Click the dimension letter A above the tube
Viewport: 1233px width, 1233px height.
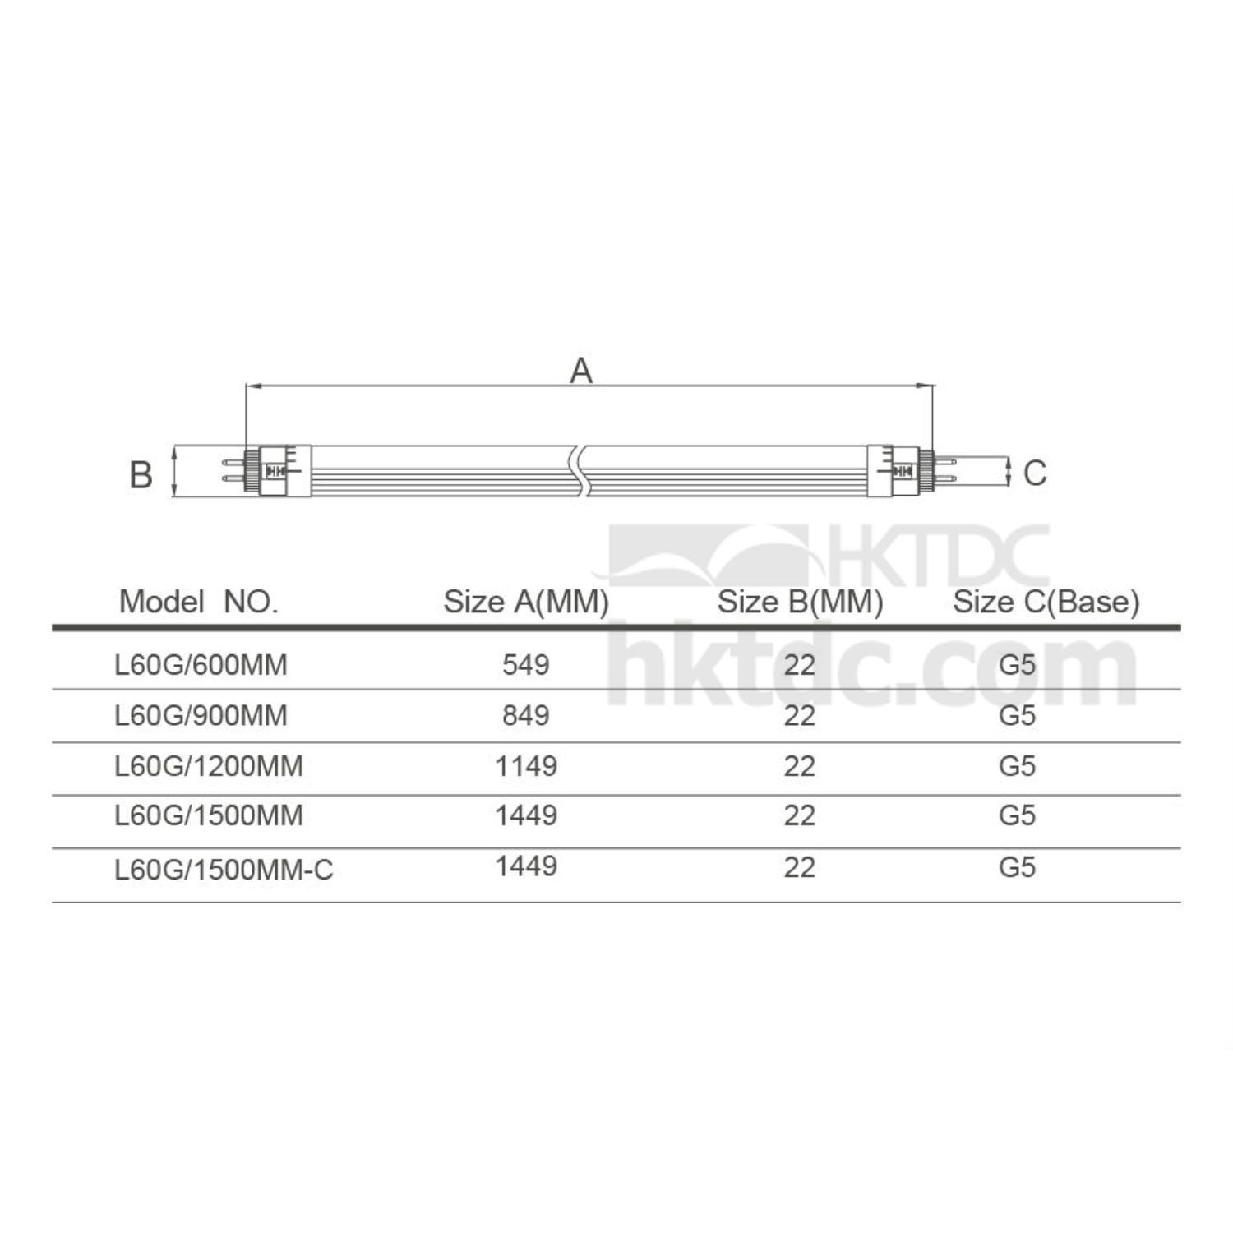point(581,371)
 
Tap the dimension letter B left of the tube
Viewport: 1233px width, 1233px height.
point(141,475)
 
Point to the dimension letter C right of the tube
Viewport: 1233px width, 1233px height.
point(1035,473)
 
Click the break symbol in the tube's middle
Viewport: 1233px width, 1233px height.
point(579,471)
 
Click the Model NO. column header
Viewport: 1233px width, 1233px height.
point(199,602)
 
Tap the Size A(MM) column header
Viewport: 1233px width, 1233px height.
point(526,602)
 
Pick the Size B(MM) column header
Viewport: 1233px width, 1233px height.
point(800,602)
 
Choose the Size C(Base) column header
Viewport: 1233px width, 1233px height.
point(1046,602)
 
